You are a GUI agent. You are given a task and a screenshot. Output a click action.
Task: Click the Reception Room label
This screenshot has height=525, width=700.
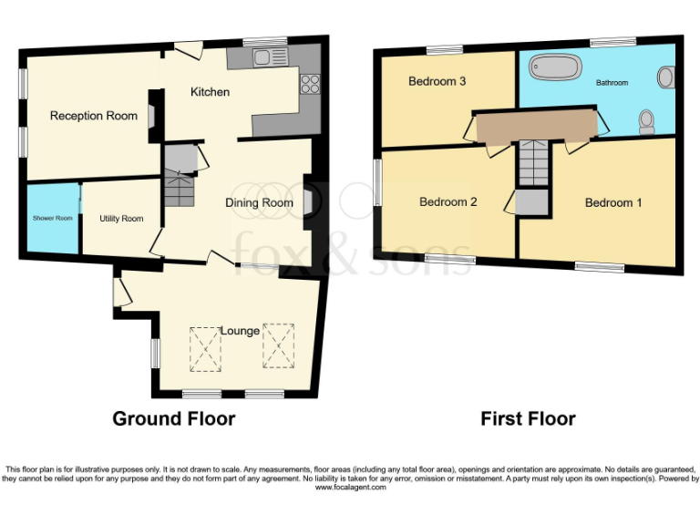94,116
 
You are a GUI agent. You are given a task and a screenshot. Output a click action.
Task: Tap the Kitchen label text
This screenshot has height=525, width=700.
210,92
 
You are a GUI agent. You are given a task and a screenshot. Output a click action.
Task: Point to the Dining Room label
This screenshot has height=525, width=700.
259,202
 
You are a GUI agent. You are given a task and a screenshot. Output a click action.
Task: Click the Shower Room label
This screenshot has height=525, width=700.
51,219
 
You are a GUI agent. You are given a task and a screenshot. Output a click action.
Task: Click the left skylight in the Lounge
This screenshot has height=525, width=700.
205,348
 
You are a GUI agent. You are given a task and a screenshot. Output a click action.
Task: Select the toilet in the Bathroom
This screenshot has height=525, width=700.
647,120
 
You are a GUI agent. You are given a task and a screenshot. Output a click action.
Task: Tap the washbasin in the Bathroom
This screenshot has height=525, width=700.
666,77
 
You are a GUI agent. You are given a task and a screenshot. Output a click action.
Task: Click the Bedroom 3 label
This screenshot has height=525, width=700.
437,82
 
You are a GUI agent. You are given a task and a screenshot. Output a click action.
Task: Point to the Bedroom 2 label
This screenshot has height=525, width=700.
448,202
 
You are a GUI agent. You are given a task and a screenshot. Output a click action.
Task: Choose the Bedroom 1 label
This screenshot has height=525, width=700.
612,202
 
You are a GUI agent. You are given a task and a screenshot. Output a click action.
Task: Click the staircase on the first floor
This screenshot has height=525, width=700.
532,164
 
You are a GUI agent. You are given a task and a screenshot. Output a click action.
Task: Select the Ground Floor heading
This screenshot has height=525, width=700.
173,419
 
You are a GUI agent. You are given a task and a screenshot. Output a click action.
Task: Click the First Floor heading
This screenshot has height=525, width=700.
528,419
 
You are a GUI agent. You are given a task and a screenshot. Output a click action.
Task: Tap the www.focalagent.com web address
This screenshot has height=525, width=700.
350,488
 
